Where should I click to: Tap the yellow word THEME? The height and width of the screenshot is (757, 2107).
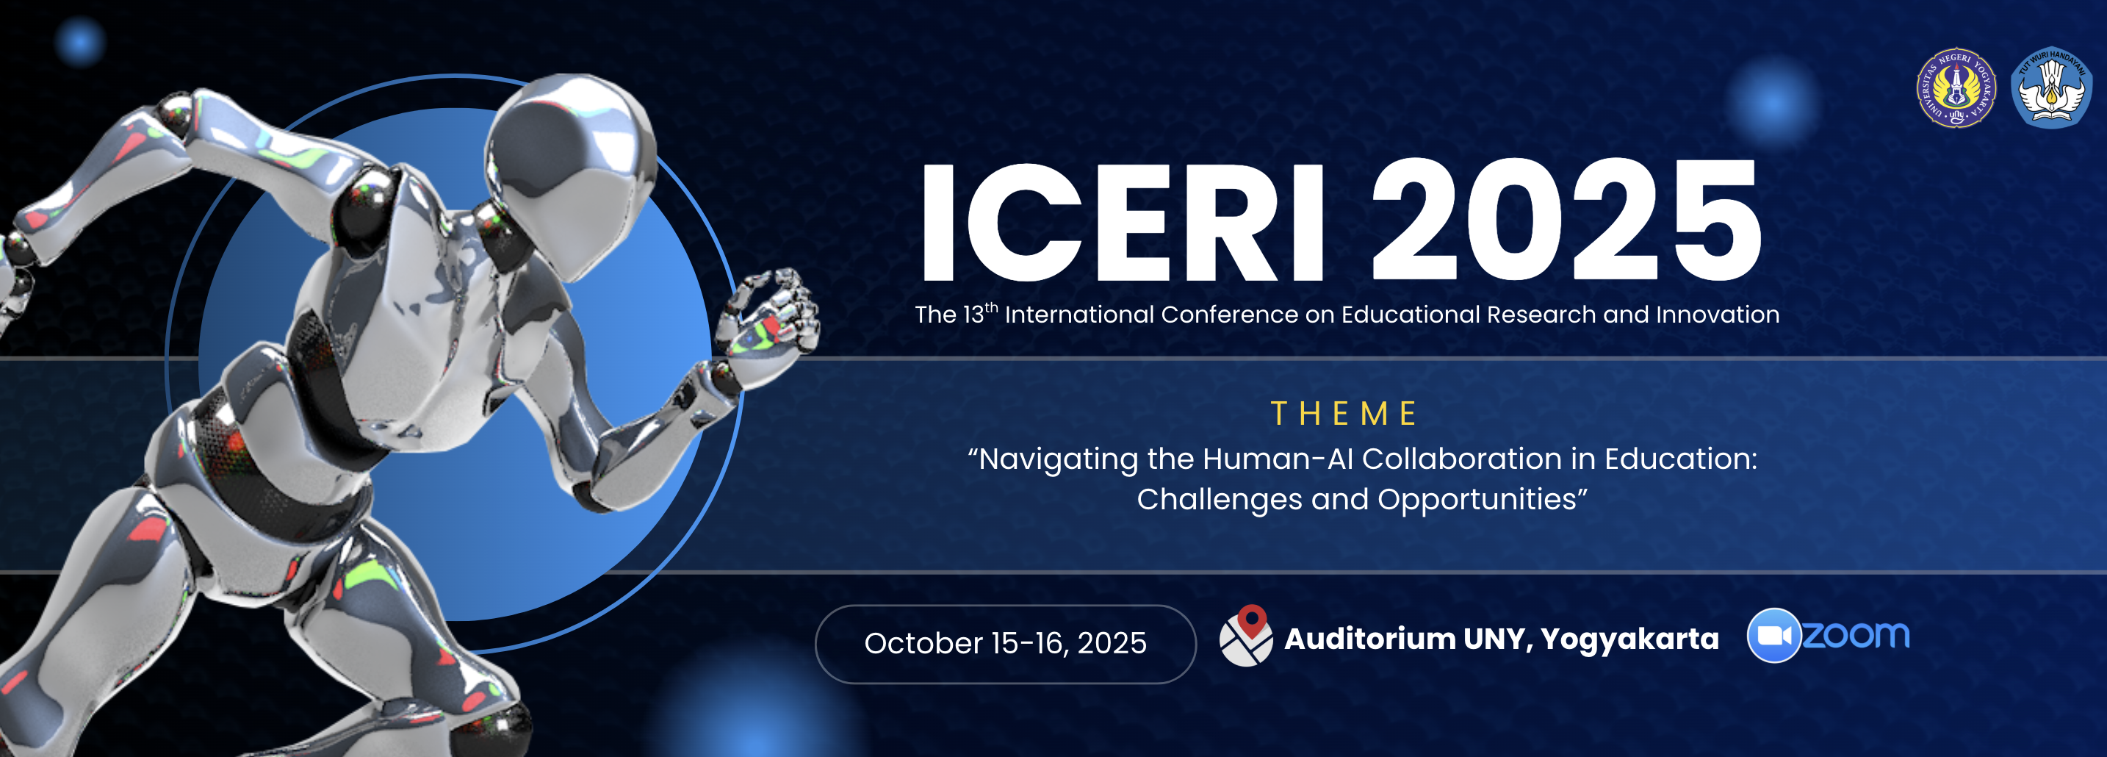point(1343,413)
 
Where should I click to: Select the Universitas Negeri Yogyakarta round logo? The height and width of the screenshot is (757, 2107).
point(1956,87)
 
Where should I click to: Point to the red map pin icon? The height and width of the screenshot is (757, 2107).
point(1251,622)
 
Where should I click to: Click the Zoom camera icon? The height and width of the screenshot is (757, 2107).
point(1773,635)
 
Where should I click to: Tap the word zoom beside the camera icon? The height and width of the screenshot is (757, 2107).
point(1856,634)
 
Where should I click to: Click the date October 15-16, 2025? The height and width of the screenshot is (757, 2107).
point(1005,643)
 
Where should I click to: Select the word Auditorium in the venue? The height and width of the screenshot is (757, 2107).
point(1370,639)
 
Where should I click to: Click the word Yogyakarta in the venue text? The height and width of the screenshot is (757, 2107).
point(1629,639)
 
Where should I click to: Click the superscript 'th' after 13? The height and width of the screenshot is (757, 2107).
point(991,308)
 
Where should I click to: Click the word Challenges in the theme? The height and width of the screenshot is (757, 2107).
point(1220,500)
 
